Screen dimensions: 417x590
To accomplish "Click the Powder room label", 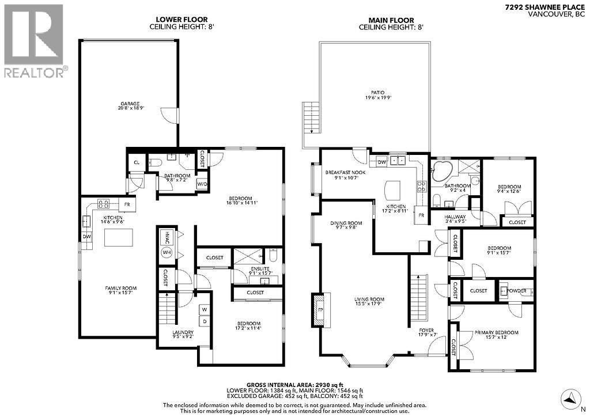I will coord(517,291).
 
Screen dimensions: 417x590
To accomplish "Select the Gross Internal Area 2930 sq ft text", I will coord(295,384).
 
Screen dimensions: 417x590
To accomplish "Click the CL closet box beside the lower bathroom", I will coord(137,163).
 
